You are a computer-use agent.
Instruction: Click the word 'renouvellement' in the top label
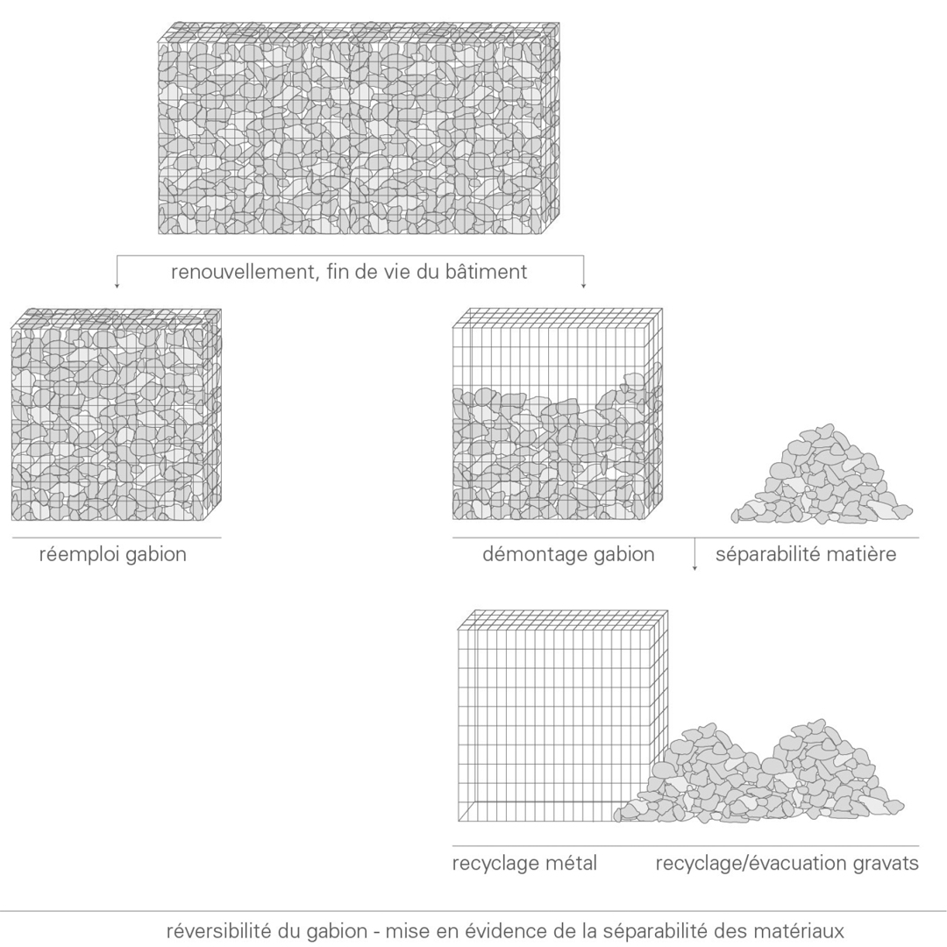tap(242, 272)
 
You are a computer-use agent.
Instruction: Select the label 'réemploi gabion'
tap(113, 554)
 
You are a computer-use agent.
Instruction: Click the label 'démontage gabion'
tap(568, 554)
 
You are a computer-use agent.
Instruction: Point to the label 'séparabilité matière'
tap(806, 554)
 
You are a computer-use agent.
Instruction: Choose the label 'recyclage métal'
tap(525, 863)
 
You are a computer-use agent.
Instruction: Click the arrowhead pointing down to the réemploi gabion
tap(117, 285)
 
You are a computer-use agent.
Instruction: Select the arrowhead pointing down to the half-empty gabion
tap(583, 285)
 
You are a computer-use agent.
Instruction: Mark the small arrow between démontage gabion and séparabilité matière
tap(694, 554)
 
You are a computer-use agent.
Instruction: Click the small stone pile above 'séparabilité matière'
tap(822, 475)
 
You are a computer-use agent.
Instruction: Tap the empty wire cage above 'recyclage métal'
tap(563, 716)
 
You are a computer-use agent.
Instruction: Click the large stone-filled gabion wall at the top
tap(359, 128)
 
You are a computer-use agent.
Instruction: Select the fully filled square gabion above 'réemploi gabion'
tap(116, 414)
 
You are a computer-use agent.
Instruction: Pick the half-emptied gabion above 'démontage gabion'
tap(558, 414)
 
